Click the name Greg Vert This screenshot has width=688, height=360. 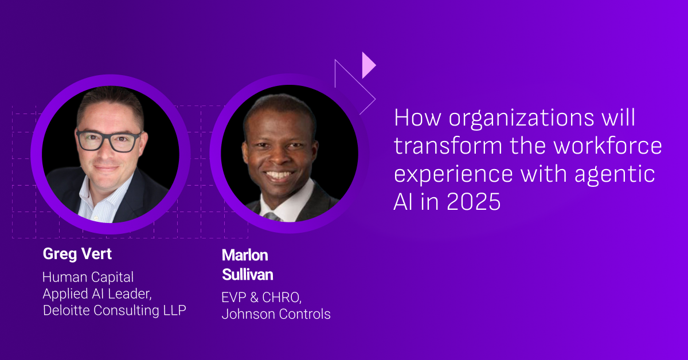77,255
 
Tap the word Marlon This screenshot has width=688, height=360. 245,255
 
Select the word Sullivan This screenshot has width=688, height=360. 247,275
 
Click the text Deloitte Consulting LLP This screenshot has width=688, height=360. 115,310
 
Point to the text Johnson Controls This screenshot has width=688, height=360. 276,314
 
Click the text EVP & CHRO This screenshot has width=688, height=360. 261,298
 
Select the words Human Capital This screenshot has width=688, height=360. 88,277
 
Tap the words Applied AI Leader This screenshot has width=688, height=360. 97,294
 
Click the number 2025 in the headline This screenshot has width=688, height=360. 474,202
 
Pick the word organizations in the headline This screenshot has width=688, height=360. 521,118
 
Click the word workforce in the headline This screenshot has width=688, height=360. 608,146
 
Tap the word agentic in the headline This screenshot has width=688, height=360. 615,174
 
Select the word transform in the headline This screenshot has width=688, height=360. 448,146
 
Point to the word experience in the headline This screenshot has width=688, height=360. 454,174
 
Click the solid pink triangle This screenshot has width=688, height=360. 369,65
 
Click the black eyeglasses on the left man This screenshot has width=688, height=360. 108,141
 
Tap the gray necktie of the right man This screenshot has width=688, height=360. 272,217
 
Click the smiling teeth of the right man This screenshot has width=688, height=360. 279,175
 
